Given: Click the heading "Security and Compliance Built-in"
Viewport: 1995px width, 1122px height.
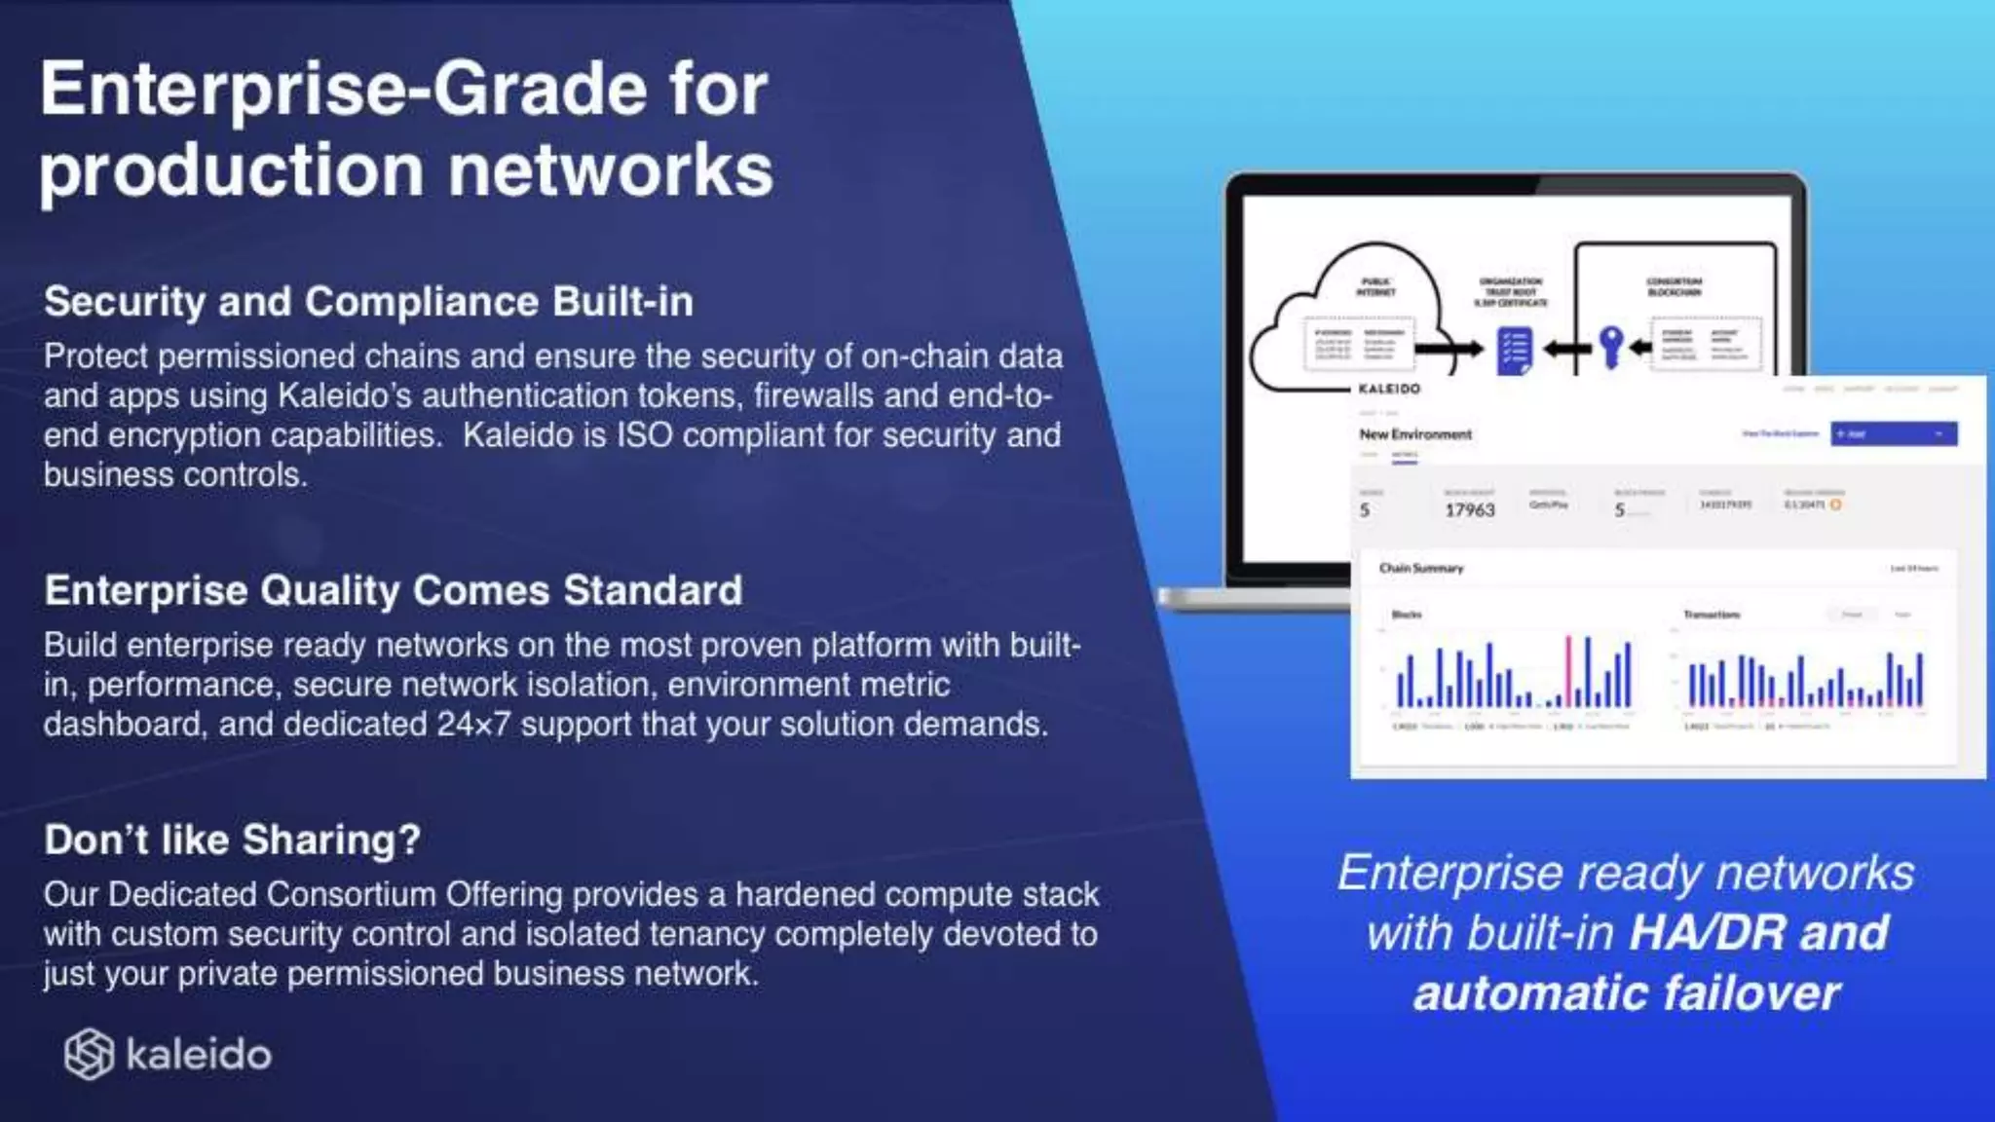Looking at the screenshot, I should click(368, 302).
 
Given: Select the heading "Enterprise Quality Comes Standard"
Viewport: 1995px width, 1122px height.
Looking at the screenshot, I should click(394, 590).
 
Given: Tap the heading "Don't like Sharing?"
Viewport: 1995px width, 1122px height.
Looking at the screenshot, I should click(232, 840).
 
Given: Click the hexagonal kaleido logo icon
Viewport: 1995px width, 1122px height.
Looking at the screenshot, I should click(90, 1054).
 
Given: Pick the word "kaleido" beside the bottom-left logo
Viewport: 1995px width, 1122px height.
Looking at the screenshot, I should click(199, 1055).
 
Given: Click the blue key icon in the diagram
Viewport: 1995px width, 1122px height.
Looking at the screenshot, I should click(1611, 346).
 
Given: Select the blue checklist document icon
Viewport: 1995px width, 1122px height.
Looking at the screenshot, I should click(1514, 351).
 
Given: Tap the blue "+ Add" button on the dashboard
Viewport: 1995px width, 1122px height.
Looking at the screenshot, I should click(1893, 433).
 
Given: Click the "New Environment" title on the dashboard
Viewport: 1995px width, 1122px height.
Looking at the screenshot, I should click(1415, 434).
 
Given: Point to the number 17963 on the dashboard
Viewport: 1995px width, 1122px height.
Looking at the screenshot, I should click(1469, 510).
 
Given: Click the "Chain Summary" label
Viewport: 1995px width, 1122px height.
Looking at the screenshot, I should click(1421, 568).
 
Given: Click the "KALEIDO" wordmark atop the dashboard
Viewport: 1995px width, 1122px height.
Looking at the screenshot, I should click(1389, 389).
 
